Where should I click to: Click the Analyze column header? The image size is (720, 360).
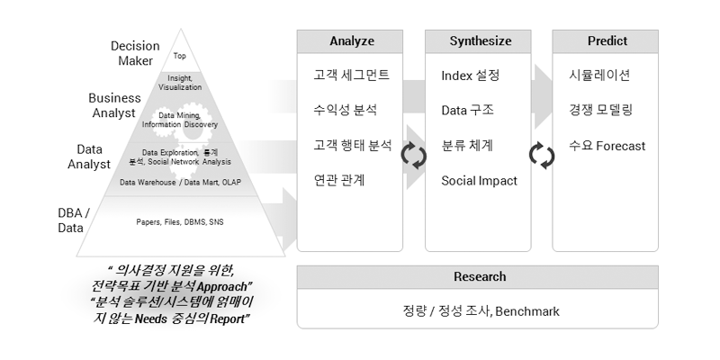coord(350,41)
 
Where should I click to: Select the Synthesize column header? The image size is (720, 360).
coord(478,41)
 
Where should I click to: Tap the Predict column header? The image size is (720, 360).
coord(605,41)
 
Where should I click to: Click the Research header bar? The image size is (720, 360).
coord(478,277)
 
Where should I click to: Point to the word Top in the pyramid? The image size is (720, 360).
coord(179,56)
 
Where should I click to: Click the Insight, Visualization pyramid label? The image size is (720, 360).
coord(180,83)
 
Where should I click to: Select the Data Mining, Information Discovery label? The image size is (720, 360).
coord(180,120)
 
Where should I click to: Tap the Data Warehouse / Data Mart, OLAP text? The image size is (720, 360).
coord(180,183)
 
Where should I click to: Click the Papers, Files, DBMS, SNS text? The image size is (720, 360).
coord(180,222)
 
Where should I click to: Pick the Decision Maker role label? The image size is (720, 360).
coord(135,53)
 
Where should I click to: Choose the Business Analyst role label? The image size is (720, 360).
coord(114,105)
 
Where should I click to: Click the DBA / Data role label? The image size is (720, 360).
coord(74,220)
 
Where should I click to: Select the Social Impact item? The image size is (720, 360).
coord(479,181)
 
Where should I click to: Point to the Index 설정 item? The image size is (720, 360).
coord(470,76)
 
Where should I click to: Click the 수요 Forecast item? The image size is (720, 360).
coord(607,146)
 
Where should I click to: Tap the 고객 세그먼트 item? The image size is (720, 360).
coord(351,75)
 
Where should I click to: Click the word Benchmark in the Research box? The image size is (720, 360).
coord(527,311)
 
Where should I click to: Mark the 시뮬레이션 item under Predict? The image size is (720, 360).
coord(599,75)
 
